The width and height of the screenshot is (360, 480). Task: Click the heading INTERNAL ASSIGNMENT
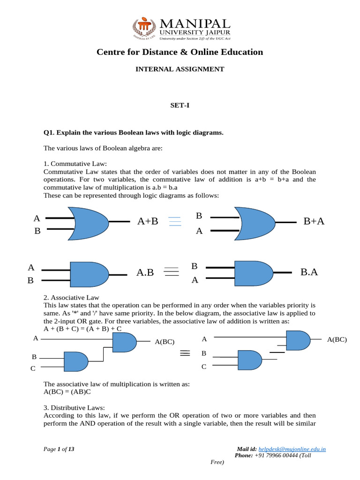(x=180, y=69)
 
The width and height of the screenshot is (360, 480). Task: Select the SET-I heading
(x=180, y=106)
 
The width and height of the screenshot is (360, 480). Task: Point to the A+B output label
(x=148, y=221)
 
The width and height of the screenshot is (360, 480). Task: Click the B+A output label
(x=314, y=221)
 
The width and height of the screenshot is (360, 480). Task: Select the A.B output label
(x=145, y=272)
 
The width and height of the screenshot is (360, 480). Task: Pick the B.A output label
(x=309, y=271)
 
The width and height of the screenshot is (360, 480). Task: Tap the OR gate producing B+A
(x=257, y=223)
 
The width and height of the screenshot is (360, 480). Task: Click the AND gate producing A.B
(x=89, y=274)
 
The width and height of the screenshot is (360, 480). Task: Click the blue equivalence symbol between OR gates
(x=175, y=222)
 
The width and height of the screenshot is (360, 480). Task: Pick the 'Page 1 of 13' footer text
(x=59, y=449)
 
